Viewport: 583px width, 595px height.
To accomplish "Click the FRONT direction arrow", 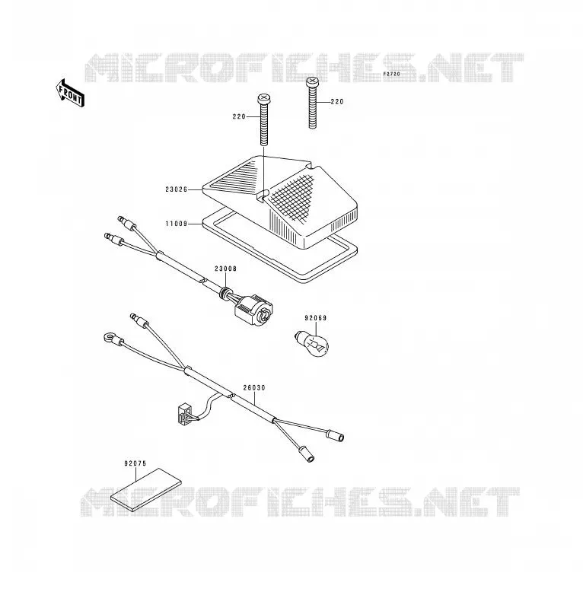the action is [x=70, y=94].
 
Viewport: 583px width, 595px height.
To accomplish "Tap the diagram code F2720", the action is [x=391, y=74].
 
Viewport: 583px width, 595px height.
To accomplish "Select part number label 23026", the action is [x=176, y=189].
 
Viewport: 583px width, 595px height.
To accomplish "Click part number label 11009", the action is [x=176, y=224].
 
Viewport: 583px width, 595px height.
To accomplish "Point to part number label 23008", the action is [x=225, y=269].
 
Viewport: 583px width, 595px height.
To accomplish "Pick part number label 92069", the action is [x=315, y=318].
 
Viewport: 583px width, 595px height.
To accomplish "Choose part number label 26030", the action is [x=254, y=388].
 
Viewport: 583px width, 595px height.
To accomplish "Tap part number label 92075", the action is [x=135, y=463].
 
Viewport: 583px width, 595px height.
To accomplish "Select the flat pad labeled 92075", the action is [x=146, y=490].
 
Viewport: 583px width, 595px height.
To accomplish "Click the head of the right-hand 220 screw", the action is [x=312, y=81].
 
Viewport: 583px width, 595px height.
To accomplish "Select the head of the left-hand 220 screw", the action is [x=264, y=99].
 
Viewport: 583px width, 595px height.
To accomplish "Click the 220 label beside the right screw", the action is [x=337, y=102].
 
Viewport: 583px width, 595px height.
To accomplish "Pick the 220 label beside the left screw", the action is [x=239, y=117].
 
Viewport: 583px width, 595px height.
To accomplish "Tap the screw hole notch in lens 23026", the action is [x=263, y=196].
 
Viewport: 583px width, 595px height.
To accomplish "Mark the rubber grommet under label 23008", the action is [x=225, y=293].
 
